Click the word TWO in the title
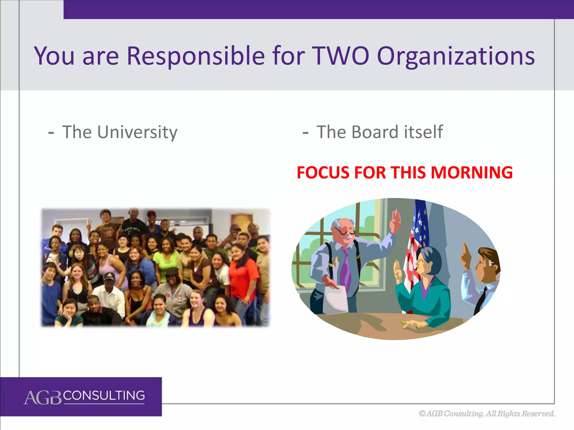point(340,56)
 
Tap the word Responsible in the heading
point(195,56)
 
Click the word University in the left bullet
point(137,132)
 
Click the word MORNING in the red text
point(471,172)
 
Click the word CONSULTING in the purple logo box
point(104,396)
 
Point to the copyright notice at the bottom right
point(487,413)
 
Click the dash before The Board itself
point(305,133)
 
